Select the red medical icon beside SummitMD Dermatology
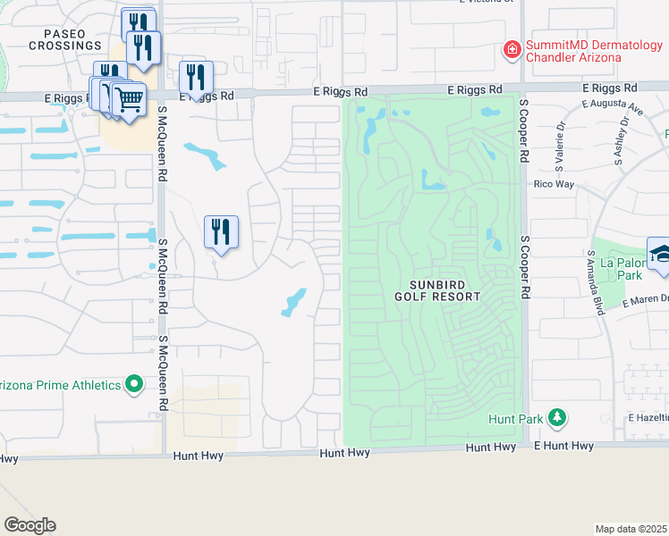click(x=512, y=50)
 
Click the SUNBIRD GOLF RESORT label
click(x=438, y=290)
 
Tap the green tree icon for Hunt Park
click(x=557, y=417)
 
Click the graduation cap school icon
click(x=660, y=253)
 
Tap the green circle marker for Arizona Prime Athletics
click(x=134, y=385)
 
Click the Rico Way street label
click(x=553, y=184)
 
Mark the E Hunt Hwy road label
click(x=563, y=446)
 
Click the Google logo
click(x=30, y=525)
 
